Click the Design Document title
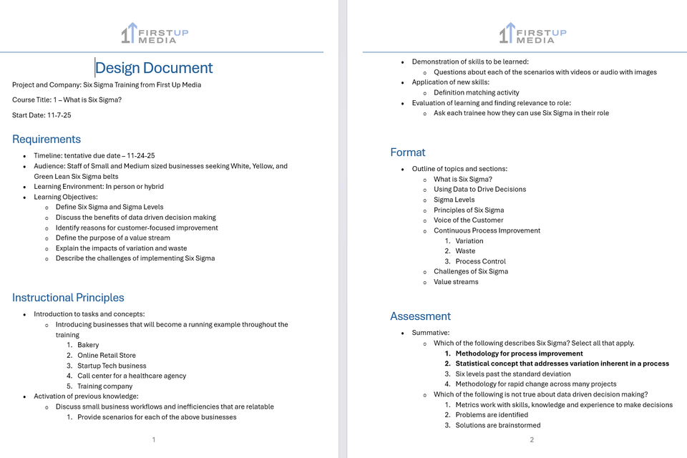coord(154,68)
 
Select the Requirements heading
coord(47,139)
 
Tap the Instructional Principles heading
coord(68,298)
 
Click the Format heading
coord(408,152)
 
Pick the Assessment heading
coord(420,316)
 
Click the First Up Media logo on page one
coord(155,33)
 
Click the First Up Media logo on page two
coord(532,33)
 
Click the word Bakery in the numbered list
coord(88,345)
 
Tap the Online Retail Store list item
coord(107,355)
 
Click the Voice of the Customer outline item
coord(468,220)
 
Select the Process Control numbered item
coord(480,261)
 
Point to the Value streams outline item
coord(456,282)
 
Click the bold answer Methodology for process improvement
coord(519,354)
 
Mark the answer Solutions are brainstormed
coord(498,425)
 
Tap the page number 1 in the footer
coord(154,439)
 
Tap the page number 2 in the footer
coord(532,439)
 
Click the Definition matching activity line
coord(476,92)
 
